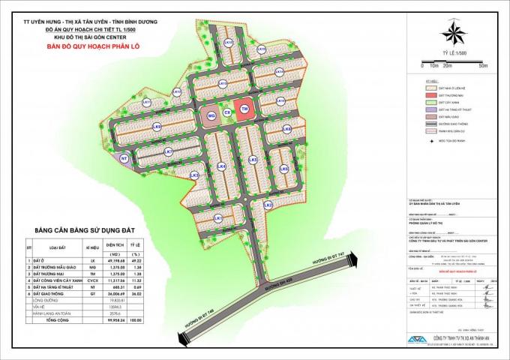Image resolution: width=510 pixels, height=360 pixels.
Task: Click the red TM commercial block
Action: point(243,109)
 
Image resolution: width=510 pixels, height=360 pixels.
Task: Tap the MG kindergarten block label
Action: point(211,116)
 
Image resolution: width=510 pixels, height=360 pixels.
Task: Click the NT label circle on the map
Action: point(124,159)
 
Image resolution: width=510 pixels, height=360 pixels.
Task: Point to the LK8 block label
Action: point(157,127)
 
